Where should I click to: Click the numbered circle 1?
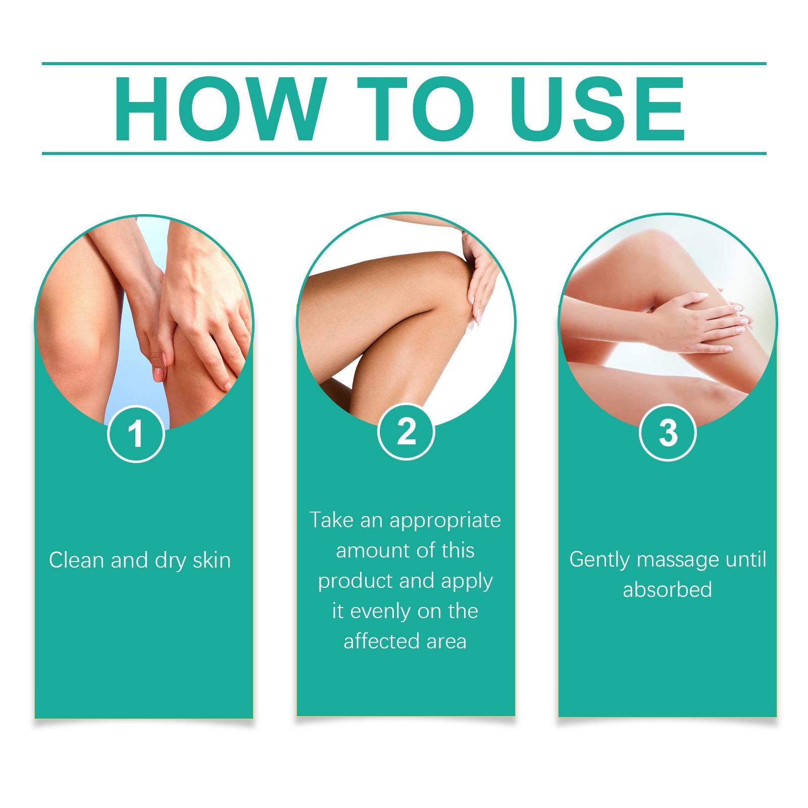click(x=136, y=434)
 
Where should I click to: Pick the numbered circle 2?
click(x=406, y=432)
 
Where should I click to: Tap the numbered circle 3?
click(x=668, y=433)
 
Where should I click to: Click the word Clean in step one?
click(x=76, y=560)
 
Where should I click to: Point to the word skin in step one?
click(x=212, y=560)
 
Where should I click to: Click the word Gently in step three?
click(x=600, y=560)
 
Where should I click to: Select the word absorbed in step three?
click(x=667, y=589)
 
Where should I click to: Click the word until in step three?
click(x=746, y=559)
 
